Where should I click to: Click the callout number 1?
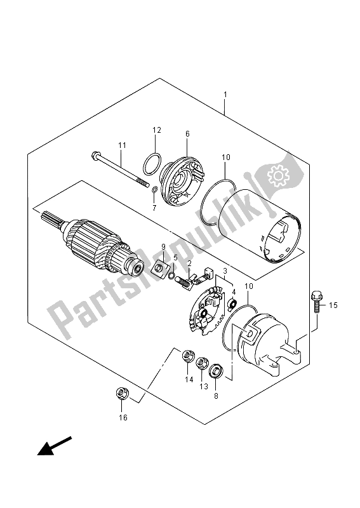(225, 95)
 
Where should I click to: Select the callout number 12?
(157, 130)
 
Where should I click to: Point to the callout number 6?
(187, 133)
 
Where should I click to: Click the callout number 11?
(122, 145)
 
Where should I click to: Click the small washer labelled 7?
(155, 189)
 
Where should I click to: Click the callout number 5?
(175, 258)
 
